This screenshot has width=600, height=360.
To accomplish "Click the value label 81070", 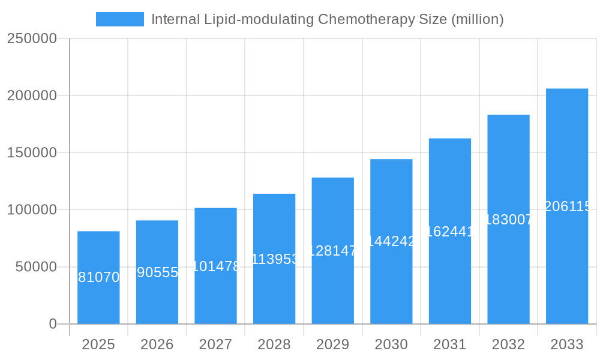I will click(x=99, y=277).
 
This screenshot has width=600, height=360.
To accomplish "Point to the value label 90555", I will click(x=157, y=272).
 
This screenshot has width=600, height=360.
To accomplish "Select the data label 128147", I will click(x=333, y=251).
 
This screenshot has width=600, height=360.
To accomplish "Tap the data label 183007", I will click(x=508, y=220).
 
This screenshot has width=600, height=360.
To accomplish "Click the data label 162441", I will click(x=450, y=231).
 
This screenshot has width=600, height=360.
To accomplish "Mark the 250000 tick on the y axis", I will click(x=32, y=38).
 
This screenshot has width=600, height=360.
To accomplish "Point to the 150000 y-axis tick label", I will click(x=32, y=152).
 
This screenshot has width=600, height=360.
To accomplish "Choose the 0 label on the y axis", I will click(x=53, y=324).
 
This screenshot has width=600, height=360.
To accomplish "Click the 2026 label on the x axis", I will click(x=157, y=344).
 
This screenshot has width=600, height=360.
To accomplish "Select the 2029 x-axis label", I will click(x=333, y=344).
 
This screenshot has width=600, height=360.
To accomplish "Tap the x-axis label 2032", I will click(x=508, y=344).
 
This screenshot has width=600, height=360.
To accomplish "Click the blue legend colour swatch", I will click(x=120, y=19).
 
